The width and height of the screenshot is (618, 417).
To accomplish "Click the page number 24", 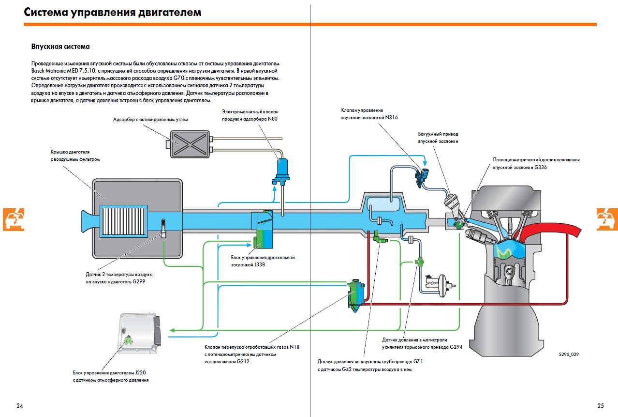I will point(19,405).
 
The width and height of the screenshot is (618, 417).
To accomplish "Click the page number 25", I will point(600,405).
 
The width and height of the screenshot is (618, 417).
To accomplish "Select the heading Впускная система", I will point(60,47).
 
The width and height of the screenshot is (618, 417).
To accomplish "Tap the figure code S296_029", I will point(568,354).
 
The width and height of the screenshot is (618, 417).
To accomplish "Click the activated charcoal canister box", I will point(189,144).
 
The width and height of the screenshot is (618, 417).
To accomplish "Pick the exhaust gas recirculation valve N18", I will point(356,293).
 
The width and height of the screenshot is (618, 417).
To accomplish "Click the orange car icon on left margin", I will point(14,219).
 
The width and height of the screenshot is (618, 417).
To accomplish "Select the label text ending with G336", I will point(536,163).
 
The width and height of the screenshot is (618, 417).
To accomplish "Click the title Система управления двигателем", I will point(113,13).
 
